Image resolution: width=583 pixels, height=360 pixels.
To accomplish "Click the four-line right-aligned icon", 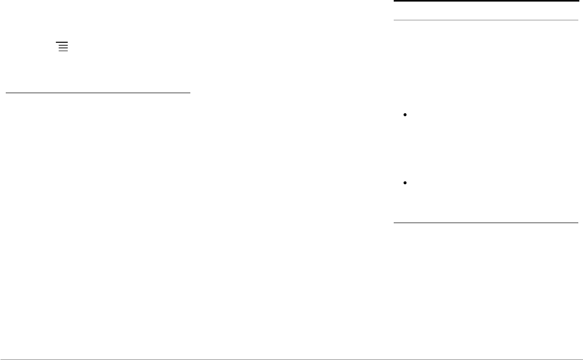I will click(63, 46).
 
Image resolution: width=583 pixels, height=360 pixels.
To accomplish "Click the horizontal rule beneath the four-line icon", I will click(98, 93).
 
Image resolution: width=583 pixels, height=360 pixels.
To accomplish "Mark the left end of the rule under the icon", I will click(6, 93).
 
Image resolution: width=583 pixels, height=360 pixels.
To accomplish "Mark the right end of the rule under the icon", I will click(190, 93).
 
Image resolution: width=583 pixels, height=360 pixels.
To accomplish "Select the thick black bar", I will click(485, 1).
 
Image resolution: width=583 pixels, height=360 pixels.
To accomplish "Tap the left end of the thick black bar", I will click(394, 1).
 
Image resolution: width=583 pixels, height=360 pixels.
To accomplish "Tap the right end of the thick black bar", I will click(577, 1).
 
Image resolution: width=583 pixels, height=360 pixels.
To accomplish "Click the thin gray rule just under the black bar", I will click(485, 20).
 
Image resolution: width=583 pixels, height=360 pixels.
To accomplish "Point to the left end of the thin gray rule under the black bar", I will click(394, 20).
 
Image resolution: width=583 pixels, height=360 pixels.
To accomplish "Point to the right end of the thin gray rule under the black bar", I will click(577, 20).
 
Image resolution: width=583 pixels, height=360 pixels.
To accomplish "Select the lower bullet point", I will click(405, 183).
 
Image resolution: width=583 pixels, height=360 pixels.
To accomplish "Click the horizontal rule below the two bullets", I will click(485, 223).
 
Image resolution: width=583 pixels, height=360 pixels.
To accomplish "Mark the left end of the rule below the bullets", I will click(394, 223).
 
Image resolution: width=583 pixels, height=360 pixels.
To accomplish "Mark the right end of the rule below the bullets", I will click(577, 223).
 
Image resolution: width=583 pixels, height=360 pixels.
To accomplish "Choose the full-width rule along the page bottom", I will click(291, 359).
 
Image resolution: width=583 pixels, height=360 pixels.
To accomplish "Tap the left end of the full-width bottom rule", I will click(1, 359).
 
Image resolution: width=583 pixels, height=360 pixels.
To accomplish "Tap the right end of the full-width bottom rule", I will click(581, 359).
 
